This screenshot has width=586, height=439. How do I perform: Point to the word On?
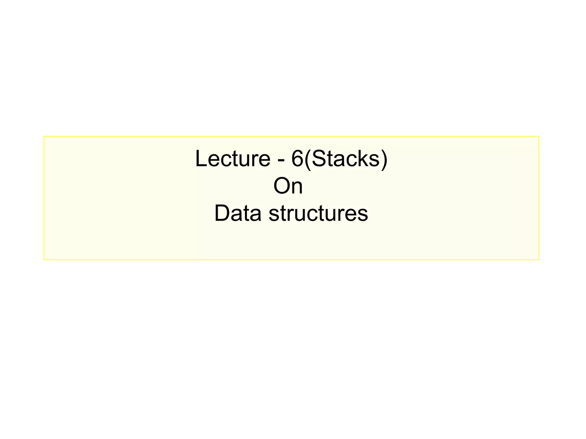click(x=288, y=186)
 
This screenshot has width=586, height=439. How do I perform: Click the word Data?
click(x=238, y=213)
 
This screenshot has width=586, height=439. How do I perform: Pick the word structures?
click(x=318, y=214)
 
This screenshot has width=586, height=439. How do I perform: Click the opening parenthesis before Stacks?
click(x=307, y=159)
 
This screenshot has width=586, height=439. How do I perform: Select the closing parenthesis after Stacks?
click(x=384, y=159)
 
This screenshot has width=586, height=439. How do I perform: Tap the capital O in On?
click(x=280, y=186)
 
